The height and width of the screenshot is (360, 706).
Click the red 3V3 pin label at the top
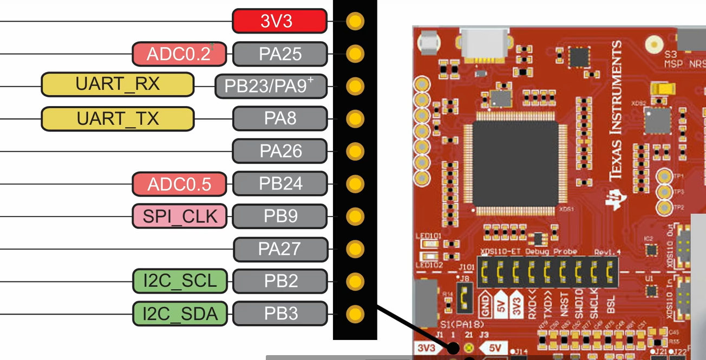pos(279,21)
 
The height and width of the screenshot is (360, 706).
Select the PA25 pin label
pos(280,54)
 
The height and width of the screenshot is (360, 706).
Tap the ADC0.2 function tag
pos(179,54)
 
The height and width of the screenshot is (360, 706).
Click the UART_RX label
pos(117,84)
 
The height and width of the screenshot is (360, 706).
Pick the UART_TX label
pos(117,119)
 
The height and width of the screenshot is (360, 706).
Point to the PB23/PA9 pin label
pos(271,86)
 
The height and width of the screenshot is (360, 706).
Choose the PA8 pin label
pos(280,119)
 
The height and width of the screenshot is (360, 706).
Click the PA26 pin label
pos(280,151)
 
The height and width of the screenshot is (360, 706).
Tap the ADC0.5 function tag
pos(179,184)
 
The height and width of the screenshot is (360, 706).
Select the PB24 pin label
pos(280,184)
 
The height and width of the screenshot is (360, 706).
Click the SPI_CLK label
pos(179,217)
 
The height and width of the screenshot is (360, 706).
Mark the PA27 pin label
pos(280,249)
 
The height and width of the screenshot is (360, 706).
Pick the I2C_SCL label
pos(179,282)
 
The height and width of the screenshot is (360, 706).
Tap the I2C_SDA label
pos(179,313)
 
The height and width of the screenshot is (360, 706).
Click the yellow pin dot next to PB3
pos(355,313)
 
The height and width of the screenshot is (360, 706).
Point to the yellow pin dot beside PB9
pos(355,217)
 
